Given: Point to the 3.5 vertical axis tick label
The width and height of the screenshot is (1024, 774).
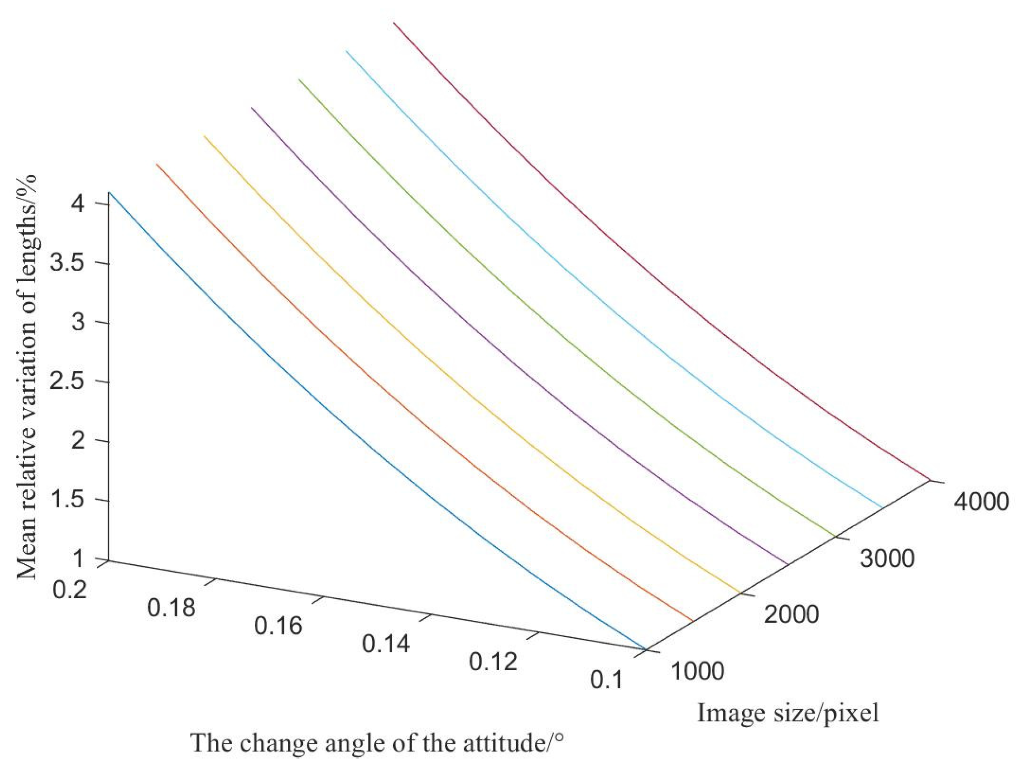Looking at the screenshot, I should [67, 264].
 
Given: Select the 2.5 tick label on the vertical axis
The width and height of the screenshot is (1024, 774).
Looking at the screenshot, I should [67, 382].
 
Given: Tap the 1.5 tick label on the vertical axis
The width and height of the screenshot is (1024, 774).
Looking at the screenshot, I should [67, 500].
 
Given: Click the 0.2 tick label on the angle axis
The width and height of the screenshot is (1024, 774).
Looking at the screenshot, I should [69, 590].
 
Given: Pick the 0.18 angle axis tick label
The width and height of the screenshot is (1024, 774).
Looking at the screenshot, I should [171, 607].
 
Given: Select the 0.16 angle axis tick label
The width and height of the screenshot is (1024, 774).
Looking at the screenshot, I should [278, 626].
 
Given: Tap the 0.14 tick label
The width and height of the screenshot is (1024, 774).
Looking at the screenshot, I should [385, 644].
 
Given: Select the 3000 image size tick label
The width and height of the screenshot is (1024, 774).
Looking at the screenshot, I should [887, 559].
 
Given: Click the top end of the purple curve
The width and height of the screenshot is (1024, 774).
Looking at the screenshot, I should [251, 107].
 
